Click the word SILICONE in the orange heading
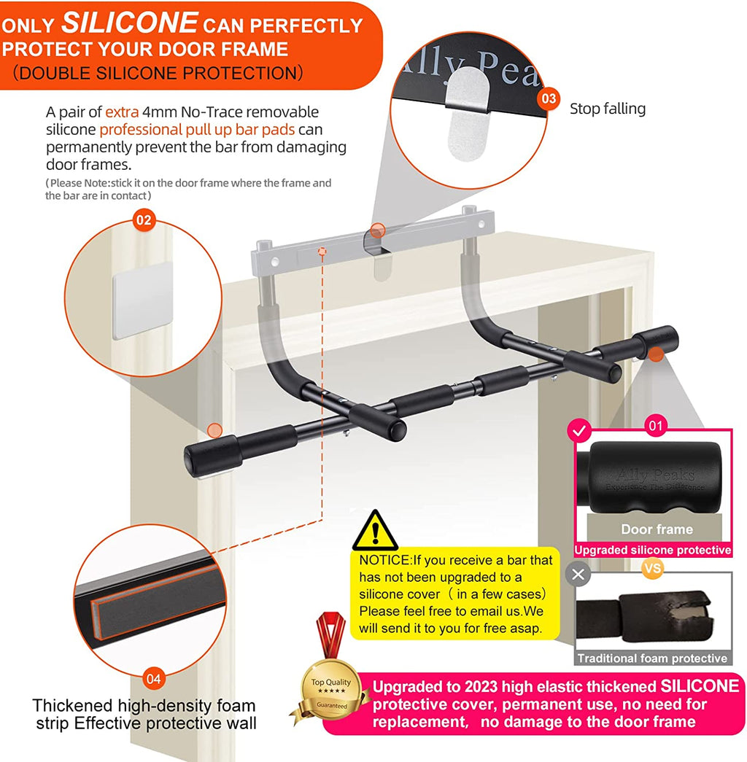tap(129, 23)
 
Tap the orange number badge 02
tap(144, 220)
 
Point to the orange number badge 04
tap(153, 679)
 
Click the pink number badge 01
tap(657, 425)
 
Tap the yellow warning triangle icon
tap(375, 531)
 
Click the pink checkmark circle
tap(580, 432)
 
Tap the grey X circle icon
tap(579, 574)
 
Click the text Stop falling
tap(607, 109)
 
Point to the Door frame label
tap(657, 529)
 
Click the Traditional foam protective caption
tap(652, 658)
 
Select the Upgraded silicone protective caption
tap(652, 551)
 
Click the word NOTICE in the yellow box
tap(385, 560)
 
